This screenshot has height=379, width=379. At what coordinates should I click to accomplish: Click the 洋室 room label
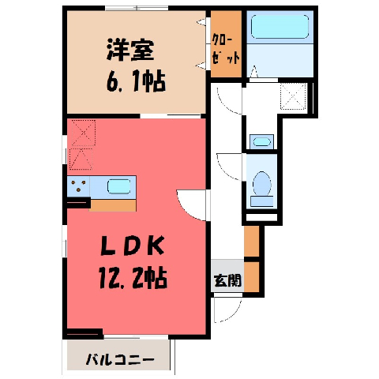(130, 50)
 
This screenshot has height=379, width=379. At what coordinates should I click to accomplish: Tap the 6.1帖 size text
(136, 81)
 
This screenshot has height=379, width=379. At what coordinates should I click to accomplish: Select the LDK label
(133, 246)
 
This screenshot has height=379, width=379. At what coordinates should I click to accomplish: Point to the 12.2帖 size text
(133, 277)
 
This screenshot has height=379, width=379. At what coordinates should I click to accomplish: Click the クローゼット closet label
(226, 50)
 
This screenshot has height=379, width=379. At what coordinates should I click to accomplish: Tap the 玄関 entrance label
(228, 281)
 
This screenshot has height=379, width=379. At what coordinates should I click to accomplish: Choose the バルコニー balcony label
(120, 360)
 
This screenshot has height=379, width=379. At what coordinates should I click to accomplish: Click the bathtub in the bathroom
(280, 27)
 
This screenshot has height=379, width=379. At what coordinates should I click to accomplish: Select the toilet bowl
(262, 183)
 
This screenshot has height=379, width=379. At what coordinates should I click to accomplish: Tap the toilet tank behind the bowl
(262, 201)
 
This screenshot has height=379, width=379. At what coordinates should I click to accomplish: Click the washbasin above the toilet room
(261, 142)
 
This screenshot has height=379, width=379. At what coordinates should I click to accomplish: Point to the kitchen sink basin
(118, 186)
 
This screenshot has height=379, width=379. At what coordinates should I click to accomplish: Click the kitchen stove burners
(78, 186)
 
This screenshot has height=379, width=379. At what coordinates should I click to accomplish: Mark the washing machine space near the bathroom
(294, 96)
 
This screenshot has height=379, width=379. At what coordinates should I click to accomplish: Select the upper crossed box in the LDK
(84, 133)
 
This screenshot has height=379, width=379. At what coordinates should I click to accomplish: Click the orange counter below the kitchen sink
(113, 205)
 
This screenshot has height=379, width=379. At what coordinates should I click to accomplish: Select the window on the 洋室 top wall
(137, 8)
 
